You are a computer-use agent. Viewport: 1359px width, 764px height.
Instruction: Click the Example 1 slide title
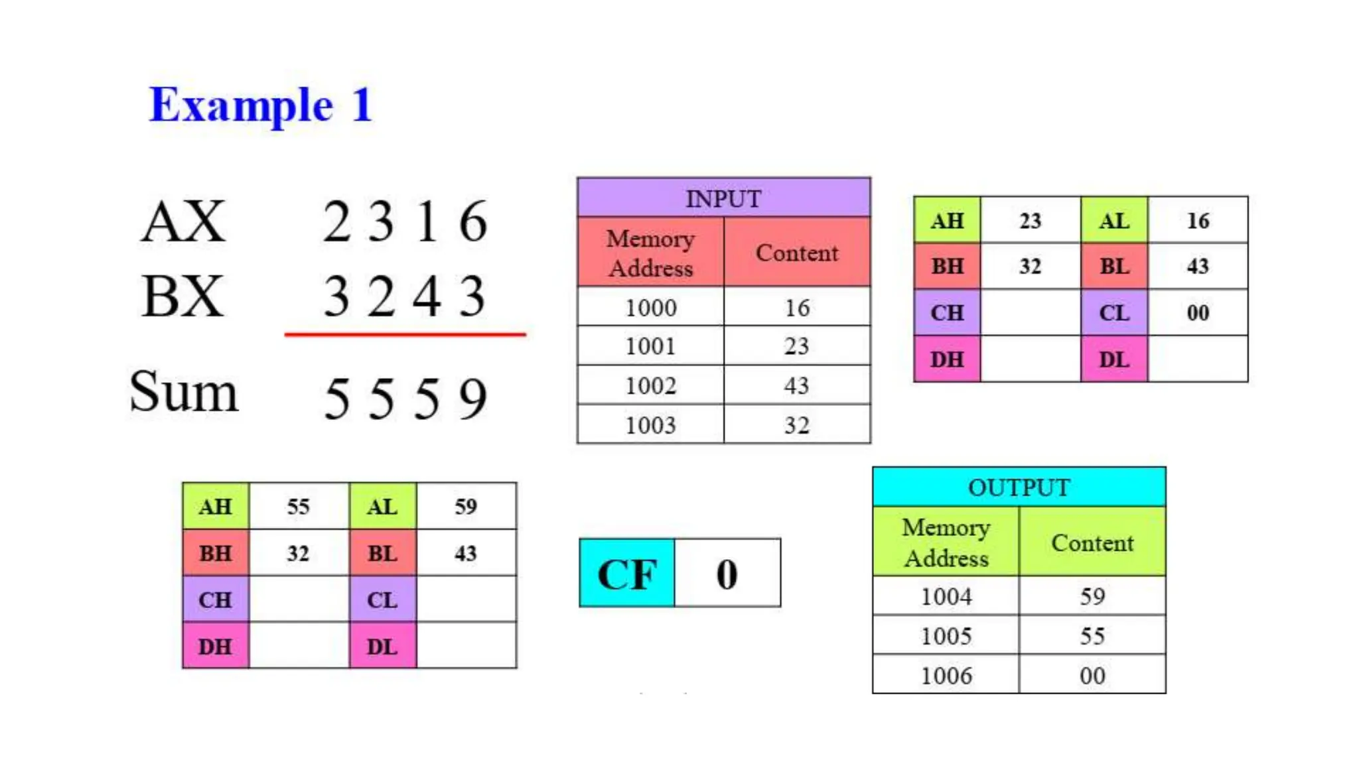coord(260,105)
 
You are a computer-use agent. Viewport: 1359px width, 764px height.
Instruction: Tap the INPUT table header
coord(723,198)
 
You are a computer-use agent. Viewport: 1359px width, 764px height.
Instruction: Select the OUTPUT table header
coord(1019,487)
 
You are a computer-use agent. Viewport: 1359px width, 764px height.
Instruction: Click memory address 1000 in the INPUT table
coord(650,308)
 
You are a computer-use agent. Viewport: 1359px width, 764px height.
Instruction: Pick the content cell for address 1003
coord(797,425)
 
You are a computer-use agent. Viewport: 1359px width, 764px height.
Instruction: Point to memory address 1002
coord(650,385)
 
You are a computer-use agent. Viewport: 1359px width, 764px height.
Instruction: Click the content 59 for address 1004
coord(1092,596)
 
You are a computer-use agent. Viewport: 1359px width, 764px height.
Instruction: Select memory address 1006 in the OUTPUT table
coord(946,676)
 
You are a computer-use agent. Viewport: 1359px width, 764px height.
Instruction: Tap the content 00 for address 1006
coord(1092,676)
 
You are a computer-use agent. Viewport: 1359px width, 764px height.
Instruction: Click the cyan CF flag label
coord(627,574)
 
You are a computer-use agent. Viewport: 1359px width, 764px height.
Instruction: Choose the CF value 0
coord(727,574)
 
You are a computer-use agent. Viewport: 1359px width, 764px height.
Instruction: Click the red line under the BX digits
coord(405,335)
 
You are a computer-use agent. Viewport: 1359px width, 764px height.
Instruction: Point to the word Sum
coord(184,392)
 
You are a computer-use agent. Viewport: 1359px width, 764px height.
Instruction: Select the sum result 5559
coord(405,399)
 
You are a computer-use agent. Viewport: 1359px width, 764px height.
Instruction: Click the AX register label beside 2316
coord(184,222)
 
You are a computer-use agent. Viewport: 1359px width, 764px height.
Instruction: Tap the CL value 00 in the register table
coord(1198,312)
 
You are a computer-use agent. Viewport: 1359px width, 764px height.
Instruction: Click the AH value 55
coord(299,507)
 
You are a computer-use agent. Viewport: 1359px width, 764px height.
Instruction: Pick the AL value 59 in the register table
coord(466,507)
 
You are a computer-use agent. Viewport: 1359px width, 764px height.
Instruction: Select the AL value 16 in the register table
coord(1198,221)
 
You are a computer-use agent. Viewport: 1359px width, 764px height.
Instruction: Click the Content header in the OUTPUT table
coord(1092,542)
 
